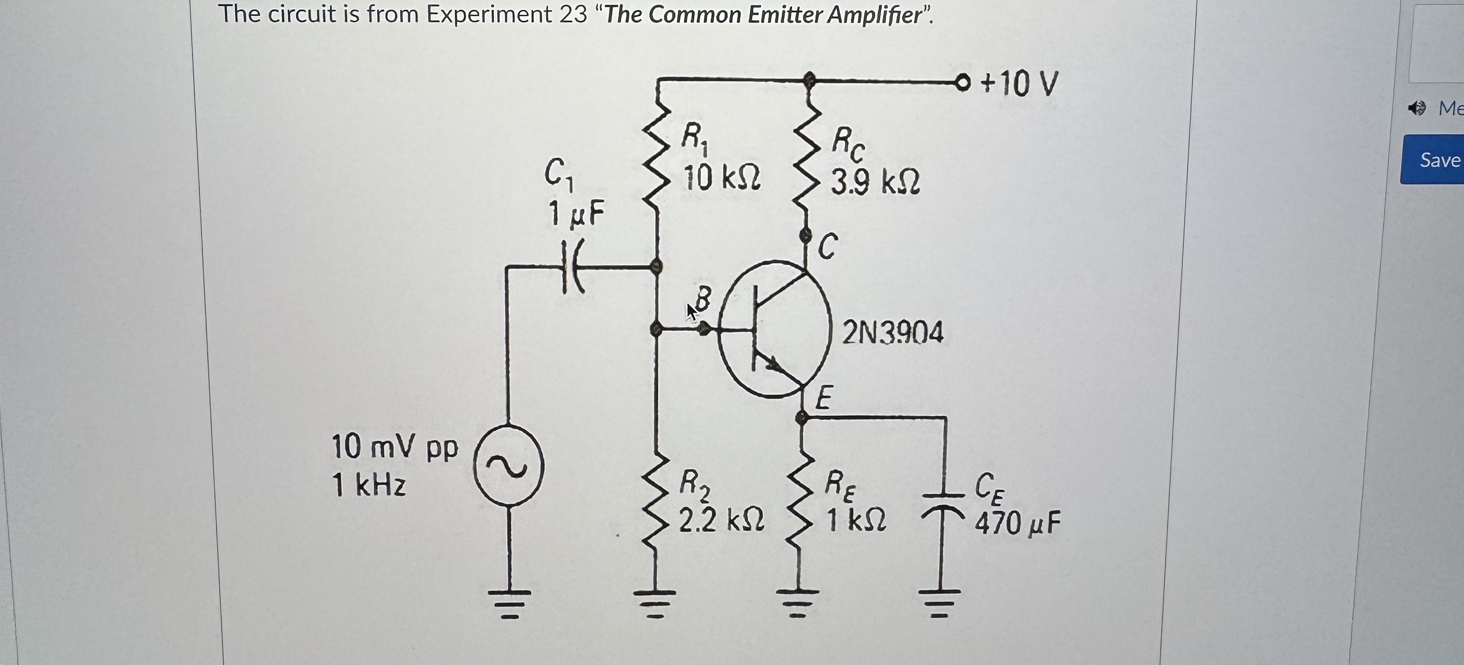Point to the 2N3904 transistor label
pos(893,333)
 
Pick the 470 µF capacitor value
pos(1017,523)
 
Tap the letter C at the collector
pos(827,246)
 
